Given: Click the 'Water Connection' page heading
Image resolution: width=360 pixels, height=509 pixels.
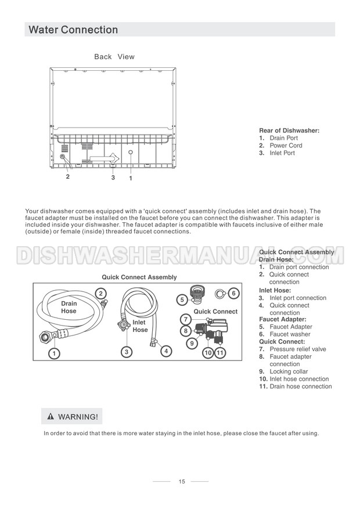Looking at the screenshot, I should tap(73, 30).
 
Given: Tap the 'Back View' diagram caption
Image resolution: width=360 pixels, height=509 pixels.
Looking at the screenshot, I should tap(114, 57).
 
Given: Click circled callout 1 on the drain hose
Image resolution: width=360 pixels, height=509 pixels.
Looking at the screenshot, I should tap(53, 352).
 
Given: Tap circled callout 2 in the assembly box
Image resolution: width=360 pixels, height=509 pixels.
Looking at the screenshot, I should tap(101, 294).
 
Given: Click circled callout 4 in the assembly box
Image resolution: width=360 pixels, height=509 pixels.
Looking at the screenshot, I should tap(166, 351).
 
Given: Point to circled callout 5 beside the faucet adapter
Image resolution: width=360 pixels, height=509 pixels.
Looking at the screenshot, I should tap(182, 299).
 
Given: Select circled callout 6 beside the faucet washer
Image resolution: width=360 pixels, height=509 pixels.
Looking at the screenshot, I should tap(233, 293).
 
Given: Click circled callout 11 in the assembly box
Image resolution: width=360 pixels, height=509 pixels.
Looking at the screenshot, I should tap(220, 352).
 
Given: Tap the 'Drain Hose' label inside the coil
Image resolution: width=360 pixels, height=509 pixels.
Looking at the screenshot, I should tap(69, 308).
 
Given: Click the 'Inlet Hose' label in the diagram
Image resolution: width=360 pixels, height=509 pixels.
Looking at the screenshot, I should tap(140, 326).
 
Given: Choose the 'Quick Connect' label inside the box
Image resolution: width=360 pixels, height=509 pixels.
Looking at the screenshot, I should tap(215, 312).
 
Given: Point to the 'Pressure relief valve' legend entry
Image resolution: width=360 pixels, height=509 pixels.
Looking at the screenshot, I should tap(297, 349).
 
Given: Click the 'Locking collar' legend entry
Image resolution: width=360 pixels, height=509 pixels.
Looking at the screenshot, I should tap(289, 371).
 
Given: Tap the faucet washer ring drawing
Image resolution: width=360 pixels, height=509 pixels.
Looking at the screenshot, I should tap(219, 294).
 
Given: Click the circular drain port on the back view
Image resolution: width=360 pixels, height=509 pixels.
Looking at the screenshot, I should tap(131, 153).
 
